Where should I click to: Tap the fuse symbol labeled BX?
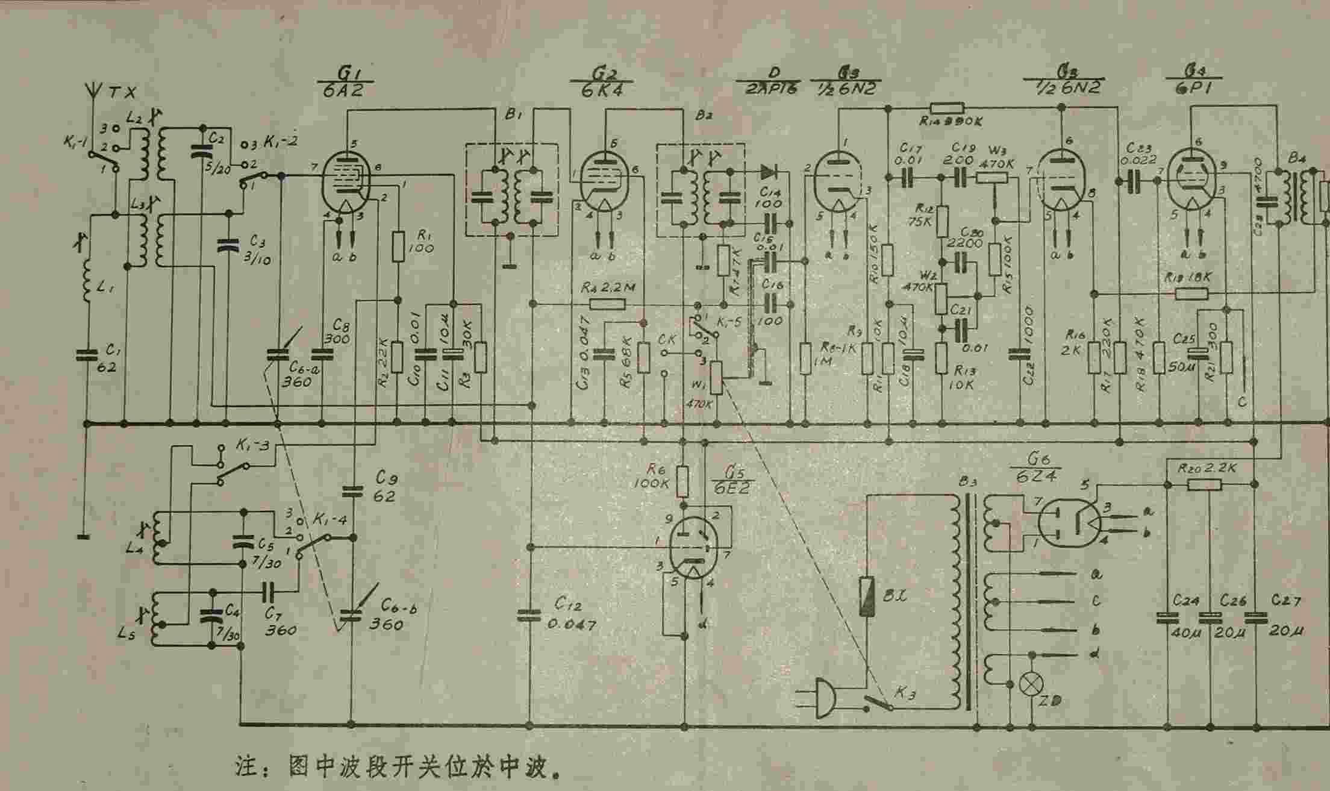(868, 596)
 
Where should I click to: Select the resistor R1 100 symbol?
(397, 246)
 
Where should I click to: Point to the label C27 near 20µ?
(1286, 601)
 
